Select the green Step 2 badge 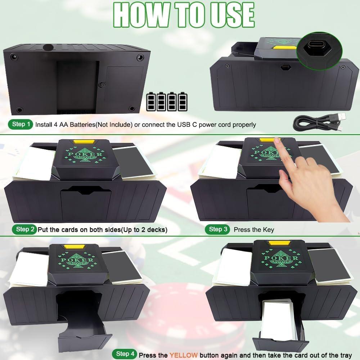point(25,229)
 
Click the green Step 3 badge point(217,229)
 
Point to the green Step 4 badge point(125,354)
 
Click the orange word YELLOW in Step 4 point(184,355)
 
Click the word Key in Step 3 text point(268,230)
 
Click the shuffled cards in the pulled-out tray point(277,320)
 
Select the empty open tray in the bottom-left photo point(81,324)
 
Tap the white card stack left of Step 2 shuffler point(34,164)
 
